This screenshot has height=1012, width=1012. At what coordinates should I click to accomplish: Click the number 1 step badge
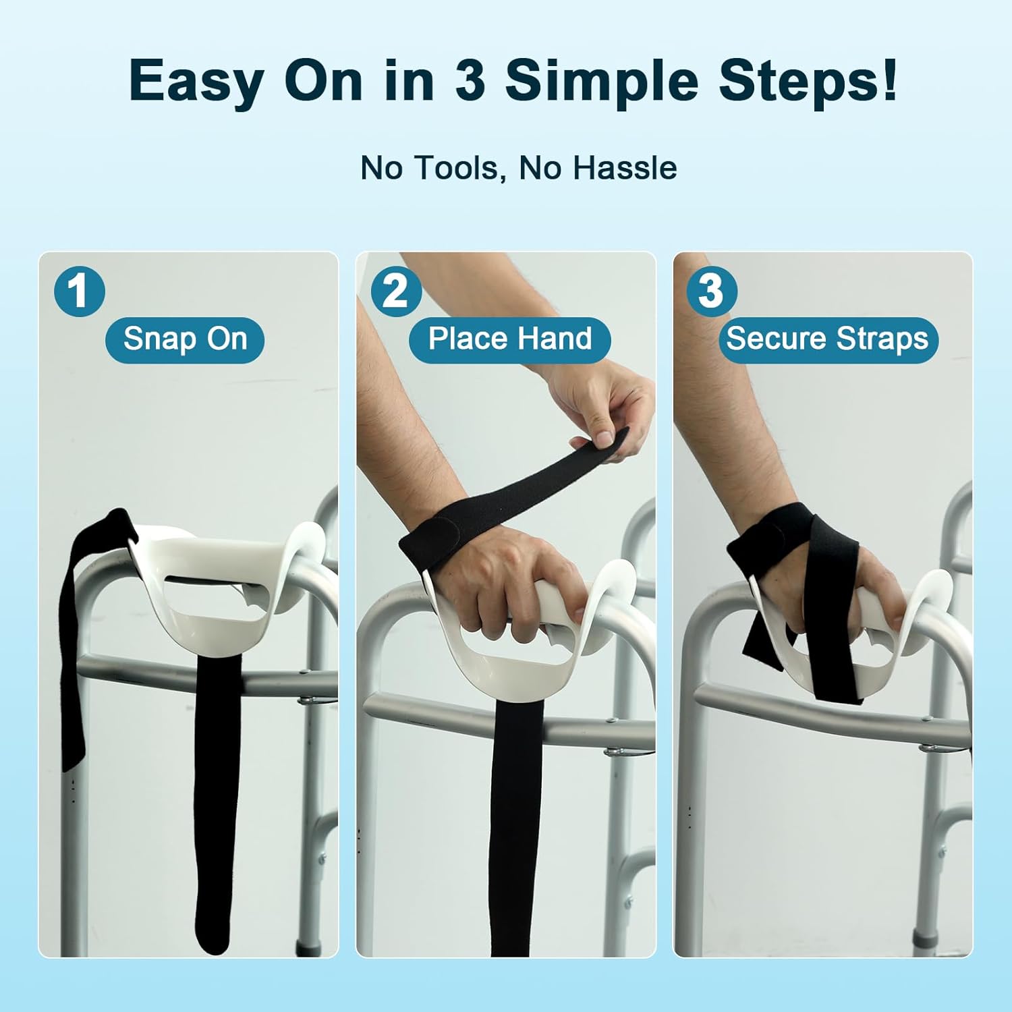click(x=80, y=291)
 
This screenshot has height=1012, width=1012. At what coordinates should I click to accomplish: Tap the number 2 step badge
click(x=396, y=291)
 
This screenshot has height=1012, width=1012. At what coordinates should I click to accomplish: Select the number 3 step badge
click(x=711, y=291)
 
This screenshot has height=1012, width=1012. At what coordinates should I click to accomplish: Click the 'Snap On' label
click(x=185, y=339)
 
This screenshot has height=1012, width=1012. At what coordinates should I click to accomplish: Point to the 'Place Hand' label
click(x=510, y=339)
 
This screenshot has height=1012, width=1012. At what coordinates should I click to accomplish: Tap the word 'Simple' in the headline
click(x=602, y=81)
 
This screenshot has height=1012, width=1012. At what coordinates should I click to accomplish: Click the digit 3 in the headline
click(x=470, y=81)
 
